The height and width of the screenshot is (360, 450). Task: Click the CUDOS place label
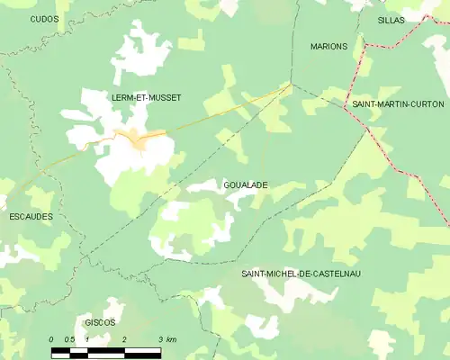click(44, 18)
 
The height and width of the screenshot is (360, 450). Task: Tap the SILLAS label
click(391, 19)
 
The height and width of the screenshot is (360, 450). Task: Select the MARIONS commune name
click(328, 46)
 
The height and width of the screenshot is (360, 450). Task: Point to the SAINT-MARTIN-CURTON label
click(397, 104)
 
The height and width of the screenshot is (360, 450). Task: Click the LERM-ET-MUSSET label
click(147, 97)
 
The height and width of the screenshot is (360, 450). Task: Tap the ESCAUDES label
click(30, 217)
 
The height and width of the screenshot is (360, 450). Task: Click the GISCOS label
click(100, 321)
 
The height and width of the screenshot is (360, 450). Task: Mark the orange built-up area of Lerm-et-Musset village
click(137, 139)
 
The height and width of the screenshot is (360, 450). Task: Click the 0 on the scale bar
click(51, 339)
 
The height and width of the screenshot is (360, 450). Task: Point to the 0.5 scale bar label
click(68, 339)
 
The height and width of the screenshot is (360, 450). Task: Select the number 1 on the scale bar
click(87, 339)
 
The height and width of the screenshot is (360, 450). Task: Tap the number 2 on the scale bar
click(123, 339)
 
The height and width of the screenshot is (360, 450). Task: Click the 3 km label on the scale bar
click(166, 339)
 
